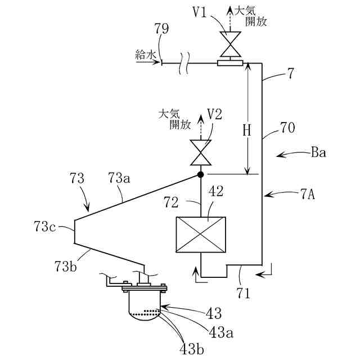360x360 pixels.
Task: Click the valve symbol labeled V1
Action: [231, 44]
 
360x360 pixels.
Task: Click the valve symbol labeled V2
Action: [201, 152]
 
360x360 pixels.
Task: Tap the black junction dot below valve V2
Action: [201, 175]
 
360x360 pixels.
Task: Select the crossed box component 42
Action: [201, 235]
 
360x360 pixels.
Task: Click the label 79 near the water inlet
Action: [161, 29]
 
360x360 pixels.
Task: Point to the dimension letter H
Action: [247, 131]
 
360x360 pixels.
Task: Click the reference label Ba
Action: [318, 152]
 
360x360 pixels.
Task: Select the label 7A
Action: [308, 195]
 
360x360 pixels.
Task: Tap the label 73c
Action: [45, 226]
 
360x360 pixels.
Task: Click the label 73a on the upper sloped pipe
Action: [119, 178]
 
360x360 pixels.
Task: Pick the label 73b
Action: [66, 266]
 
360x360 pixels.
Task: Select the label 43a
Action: [221, 332]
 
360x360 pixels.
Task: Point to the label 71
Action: [244, 293]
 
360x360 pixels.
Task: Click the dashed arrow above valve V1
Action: [231, 19]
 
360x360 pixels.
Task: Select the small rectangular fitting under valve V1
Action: [230, 63]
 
